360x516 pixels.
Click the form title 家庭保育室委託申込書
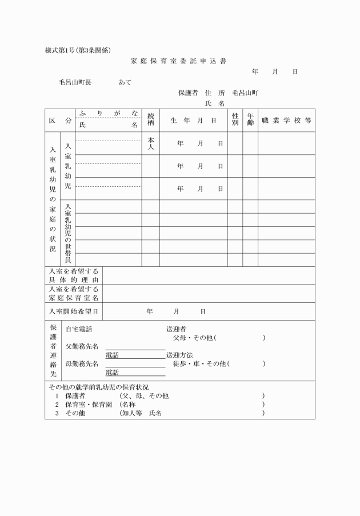178,61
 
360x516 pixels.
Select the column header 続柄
151,120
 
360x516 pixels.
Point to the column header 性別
235,120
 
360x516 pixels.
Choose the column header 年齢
250,120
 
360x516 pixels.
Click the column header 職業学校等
286,121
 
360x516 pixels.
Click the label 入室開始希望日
74,311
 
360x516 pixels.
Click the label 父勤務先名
82,346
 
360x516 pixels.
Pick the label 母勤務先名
82,363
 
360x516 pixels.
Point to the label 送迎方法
179,355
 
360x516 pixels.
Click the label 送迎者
176,329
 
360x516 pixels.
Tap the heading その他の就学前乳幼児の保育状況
98,387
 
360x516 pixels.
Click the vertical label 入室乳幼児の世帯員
67,233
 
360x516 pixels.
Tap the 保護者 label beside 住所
188,93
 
